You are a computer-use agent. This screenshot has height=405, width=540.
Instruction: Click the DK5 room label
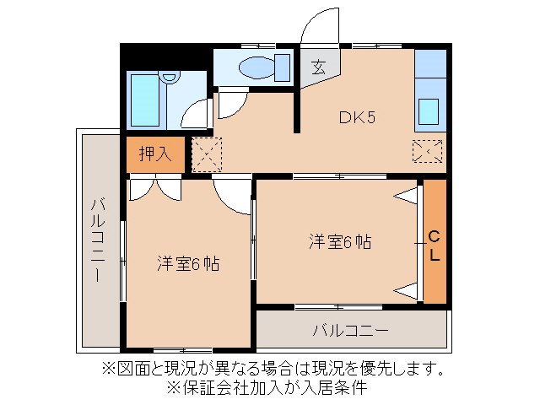(357, 117)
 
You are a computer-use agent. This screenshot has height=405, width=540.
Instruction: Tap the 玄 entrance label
(320, 67)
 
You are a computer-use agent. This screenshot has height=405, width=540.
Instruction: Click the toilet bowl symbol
(258, 66)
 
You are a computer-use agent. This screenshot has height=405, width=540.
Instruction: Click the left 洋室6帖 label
(187, 263)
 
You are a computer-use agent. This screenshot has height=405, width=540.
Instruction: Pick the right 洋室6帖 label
(339, 241)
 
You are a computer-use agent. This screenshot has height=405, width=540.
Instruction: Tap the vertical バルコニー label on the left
(97, 240)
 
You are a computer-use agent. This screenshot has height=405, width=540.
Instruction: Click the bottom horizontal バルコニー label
(350, 329)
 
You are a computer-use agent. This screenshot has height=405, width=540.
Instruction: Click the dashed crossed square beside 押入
(205, 154)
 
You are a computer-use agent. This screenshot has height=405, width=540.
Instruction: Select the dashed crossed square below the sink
(427, 152)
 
